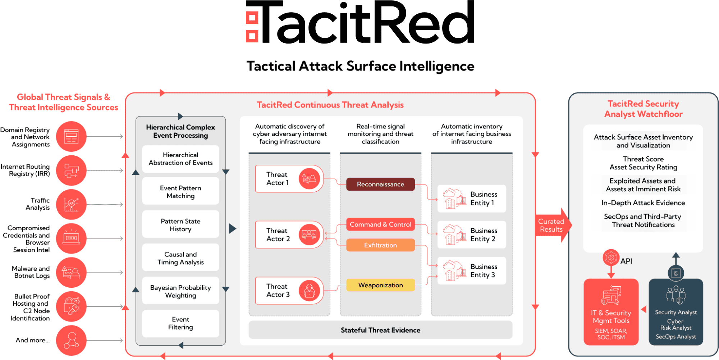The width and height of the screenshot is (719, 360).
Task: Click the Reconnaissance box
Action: pos(380,184)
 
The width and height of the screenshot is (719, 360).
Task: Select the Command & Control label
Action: pos(380,224)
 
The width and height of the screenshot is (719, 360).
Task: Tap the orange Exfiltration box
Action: pos(380,245)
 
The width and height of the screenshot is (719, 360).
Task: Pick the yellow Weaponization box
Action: pos(380,285)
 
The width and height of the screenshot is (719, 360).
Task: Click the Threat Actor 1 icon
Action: pos(309,179)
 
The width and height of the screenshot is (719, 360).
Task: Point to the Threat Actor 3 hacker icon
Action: pos(309,291)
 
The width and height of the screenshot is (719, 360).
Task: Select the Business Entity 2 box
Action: pos(471,235)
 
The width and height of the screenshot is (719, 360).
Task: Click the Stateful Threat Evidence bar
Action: pos(380,330)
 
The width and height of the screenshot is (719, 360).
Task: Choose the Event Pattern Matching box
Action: pos(180,192)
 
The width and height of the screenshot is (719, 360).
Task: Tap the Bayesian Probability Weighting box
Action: pos(180,291)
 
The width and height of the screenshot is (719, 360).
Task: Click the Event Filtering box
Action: pos(180,323)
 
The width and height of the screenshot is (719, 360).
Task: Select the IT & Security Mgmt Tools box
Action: pos(611,312)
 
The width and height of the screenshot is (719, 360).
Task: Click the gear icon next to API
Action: pos(611,258)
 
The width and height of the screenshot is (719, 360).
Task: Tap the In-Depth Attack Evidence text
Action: pos(643,203)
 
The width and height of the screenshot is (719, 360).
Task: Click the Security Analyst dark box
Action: pos(676,312)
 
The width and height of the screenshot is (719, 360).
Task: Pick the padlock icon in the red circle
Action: pos(72,306)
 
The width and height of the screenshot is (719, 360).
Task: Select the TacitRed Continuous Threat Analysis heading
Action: pos(330,105)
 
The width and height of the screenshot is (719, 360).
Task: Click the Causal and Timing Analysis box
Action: pos(180,258)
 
